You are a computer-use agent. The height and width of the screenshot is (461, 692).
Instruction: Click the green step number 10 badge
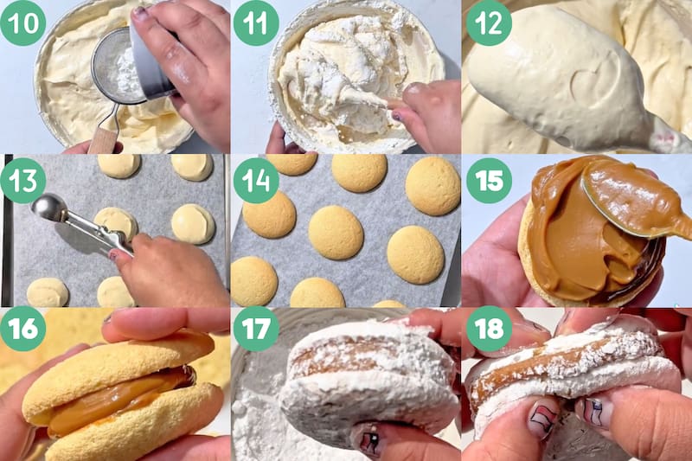(23, 23)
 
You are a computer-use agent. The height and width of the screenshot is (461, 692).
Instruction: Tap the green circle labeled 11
(256, 23)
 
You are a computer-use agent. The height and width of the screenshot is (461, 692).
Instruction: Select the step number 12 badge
(489, 23)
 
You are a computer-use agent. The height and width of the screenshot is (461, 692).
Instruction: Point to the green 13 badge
(23, 181)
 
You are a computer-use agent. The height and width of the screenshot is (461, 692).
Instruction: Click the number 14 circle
(256, 181)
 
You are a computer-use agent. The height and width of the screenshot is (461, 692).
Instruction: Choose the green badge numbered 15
(489, 181)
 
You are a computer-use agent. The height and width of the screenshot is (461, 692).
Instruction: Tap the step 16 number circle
(23, 328)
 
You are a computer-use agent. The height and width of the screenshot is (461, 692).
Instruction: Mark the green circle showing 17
(256, 328)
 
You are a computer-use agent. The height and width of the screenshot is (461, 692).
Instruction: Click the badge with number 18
(489, 328)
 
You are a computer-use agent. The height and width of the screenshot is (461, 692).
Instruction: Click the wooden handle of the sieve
(103, 139)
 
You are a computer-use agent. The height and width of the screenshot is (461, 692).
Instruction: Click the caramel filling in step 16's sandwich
(119, 400)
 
